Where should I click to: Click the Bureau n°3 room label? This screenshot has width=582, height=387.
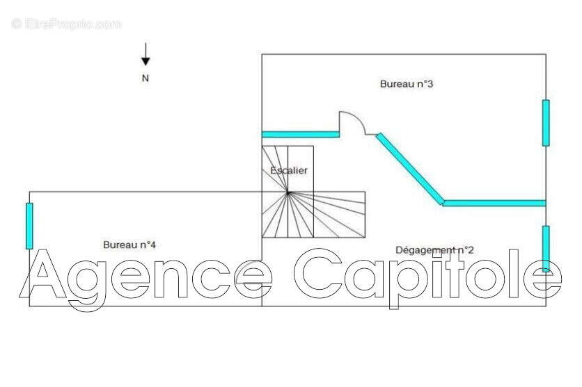click(407, 83)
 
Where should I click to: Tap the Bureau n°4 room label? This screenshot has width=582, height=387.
click(129, 245)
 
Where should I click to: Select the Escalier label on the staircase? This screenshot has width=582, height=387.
click(289, 170)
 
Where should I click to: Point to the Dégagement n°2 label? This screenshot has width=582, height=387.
click(434, 250)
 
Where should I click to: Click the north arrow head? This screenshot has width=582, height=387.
click(145, 61)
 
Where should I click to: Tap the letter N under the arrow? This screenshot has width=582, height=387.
click(145, 78)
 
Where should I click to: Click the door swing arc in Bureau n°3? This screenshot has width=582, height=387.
click(353, 123)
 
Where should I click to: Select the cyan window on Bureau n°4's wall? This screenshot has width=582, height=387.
click(29, 226)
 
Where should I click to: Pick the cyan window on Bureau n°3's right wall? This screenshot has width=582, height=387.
click(546, 123)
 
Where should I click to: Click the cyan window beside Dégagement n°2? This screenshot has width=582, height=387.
click(546, 249)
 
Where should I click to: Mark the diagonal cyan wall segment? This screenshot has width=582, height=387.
click(410, 169)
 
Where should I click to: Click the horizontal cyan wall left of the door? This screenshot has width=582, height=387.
click(300, 134)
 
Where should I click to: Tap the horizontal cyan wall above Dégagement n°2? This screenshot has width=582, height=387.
click(494, 204)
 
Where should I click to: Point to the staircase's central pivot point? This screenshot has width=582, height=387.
click(288, 192)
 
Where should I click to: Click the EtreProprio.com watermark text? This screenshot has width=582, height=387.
click(66, 24)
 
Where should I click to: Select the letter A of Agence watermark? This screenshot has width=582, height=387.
click(42, 274)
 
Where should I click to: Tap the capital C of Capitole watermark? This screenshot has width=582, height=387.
click(318, 273)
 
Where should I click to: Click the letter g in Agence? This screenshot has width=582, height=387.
click(88, 286)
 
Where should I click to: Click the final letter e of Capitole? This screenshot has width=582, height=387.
click(542, 279)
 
